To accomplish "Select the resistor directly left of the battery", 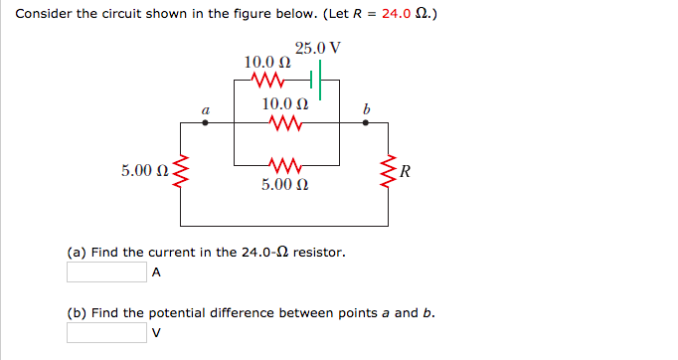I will tap(269, 80).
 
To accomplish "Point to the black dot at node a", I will tap(205, 123).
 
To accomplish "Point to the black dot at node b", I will tap(366, 123).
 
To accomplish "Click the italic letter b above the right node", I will tap(366, 106).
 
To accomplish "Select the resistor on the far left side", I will tap(179, 173).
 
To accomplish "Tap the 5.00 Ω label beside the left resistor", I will tap(143, 172).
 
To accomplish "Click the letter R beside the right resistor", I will tap(407, 172).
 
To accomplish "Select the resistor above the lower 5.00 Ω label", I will tap(284, 163).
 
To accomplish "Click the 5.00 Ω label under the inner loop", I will tap(284, 184).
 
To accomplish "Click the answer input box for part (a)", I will tap(106, 271).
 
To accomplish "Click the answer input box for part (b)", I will tap(106, 332).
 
